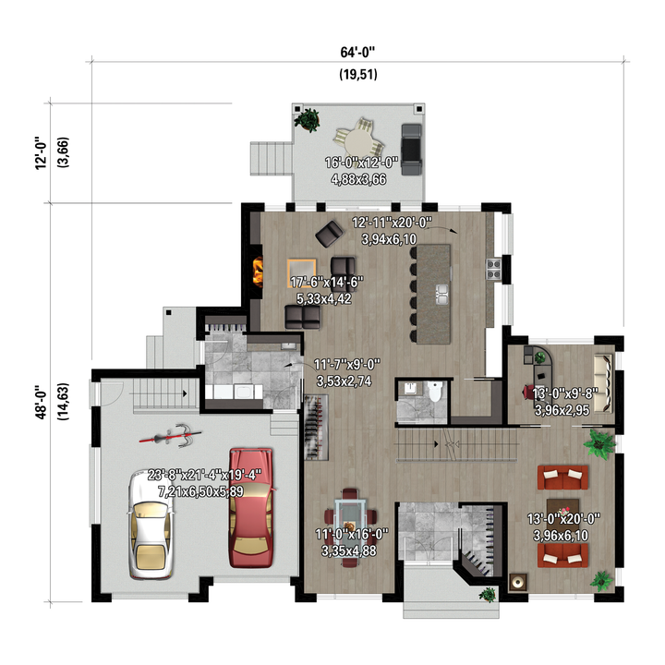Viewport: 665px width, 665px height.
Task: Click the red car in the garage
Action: pos(251,508)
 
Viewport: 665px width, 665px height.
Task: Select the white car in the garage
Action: pos(151,525)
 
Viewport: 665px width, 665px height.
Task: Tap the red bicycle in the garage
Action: pos(170,436)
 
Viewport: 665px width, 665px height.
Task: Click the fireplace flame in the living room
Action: pos(258,272)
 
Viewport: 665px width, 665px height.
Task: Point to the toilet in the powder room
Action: pos(435,391)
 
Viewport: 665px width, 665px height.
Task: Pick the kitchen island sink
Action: pos(441,295)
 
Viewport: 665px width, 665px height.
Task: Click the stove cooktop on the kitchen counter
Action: pos(493,270)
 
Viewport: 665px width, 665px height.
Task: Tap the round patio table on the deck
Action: pos(358,141)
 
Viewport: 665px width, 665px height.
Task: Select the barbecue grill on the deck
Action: pos(411,150)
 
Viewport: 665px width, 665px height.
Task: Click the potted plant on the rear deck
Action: pos(308,119)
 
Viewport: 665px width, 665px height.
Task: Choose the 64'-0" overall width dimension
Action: pos(358,52)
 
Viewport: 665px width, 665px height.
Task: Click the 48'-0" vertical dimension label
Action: pos(41,402)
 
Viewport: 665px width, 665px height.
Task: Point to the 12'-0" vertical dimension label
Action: pos(41,153)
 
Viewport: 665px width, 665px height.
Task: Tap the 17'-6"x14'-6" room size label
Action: pos(327,282)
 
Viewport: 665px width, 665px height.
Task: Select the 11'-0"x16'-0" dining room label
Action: pos(352,534)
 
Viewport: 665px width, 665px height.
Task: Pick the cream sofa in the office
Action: pos(603,384)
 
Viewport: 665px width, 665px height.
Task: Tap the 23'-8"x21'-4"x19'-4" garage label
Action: pos(204,475)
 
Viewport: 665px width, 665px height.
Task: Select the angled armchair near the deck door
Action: pos(329,234)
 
